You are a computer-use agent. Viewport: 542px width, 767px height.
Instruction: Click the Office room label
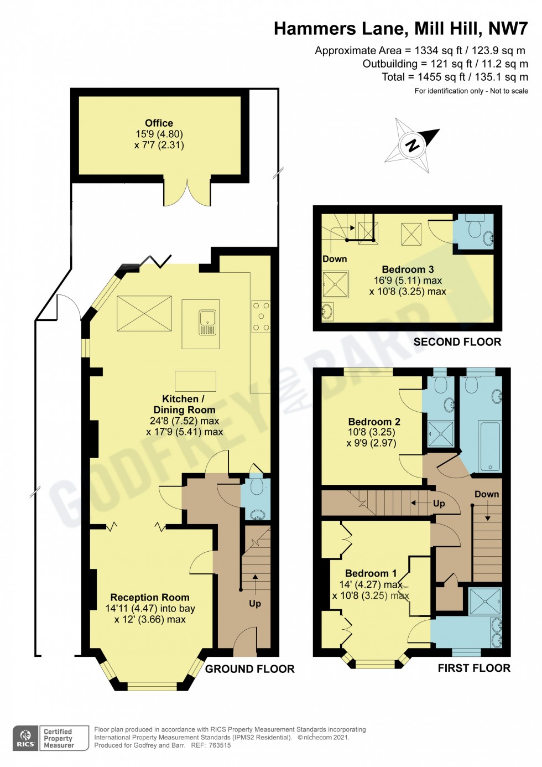[x=159, y=123]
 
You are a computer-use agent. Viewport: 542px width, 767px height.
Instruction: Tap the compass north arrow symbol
[x=413, y=146]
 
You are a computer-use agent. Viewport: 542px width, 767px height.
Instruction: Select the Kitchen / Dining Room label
[x=184, y=405]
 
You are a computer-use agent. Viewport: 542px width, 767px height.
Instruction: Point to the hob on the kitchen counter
[x=261, y=317]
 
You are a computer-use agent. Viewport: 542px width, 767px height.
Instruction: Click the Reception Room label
[x=150, y=598]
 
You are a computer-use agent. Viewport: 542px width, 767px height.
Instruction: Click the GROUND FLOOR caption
[x=250, y=669]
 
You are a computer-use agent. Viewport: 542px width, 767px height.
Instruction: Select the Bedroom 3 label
[x=408, y=270]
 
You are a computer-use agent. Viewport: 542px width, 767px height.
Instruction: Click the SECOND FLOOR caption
[x=457, y=342]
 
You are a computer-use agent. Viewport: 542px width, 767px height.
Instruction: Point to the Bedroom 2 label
[x=374, y=422]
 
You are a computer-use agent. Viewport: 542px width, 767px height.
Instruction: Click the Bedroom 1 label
[x=371, y=573]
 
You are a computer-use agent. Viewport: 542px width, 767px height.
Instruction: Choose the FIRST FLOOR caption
[x=474, y=668]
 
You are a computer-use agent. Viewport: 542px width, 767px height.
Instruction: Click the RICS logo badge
[x=25, y=738]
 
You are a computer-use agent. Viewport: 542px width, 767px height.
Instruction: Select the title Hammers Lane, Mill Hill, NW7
[x=400, y=29]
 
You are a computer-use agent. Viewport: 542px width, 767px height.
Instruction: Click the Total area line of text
[x=455, y=77]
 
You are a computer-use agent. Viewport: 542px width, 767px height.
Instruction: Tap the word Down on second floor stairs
[x=335, y=259]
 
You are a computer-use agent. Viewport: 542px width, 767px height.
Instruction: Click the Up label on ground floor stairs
[x=255, y=603]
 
